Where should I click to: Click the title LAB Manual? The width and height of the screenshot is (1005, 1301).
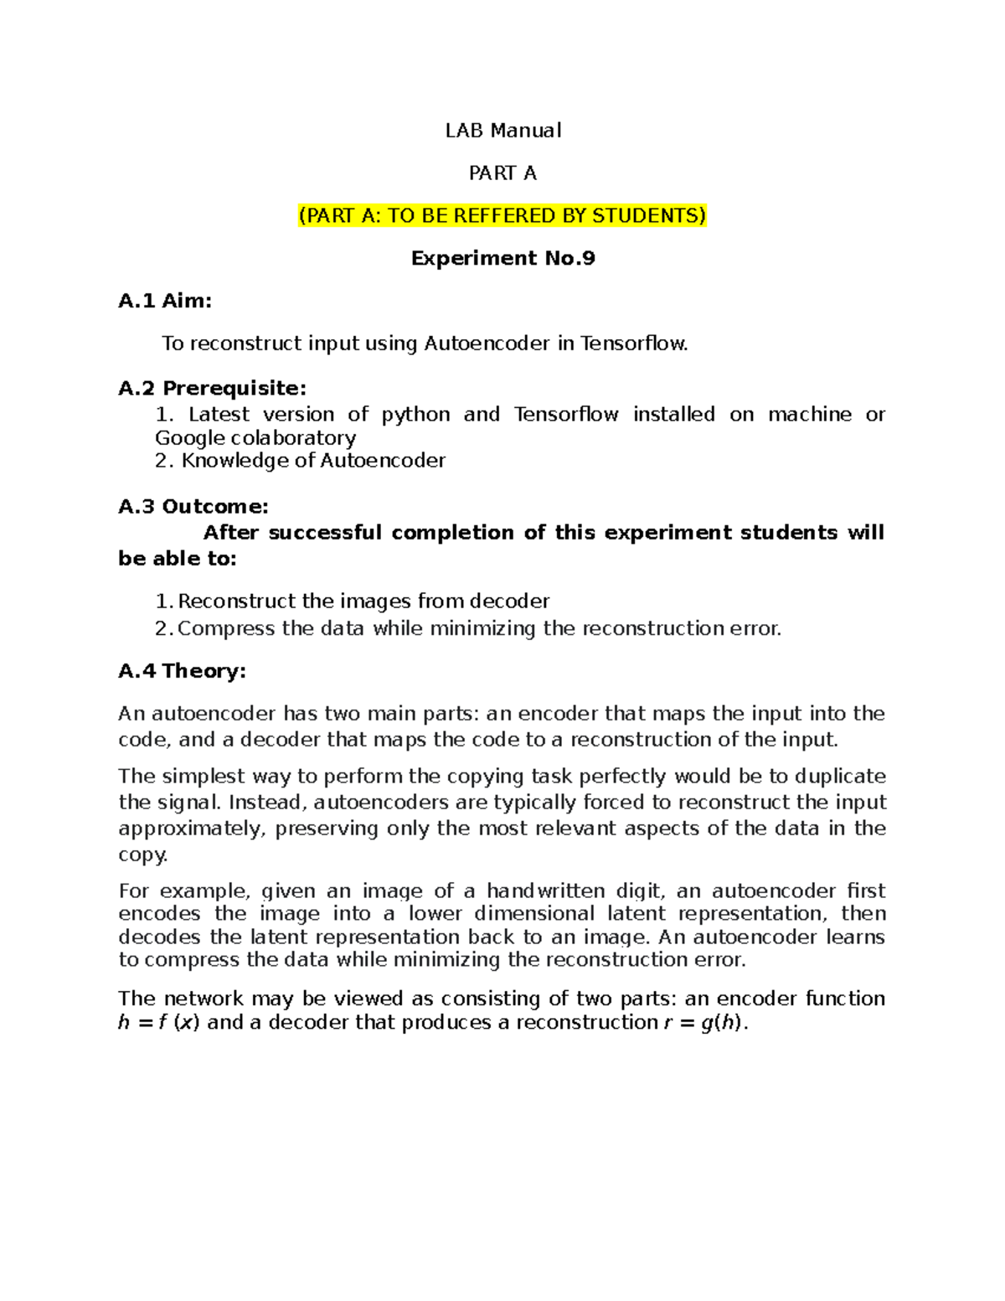tap(502, 131)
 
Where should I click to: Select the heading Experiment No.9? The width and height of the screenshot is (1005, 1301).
tap(502, 258)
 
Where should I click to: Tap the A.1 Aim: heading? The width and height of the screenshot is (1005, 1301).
tap(165, 301)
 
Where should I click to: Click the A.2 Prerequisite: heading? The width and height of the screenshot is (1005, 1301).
tap(213, 388)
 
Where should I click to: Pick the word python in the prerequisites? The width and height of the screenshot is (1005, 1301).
tap(415, 415)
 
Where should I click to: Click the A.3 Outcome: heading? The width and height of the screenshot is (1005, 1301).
tap(193, 507)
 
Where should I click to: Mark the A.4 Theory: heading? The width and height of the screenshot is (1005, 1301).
tap(182, 671)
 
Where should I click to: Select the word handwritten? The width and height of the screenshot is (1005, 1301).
tap(545, 891)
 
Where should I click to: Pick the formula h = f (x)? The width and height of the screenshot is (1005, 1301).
tap(158, 1023)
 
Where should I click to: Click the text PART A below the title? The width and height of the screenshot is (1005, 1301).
tap(502, 173)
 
